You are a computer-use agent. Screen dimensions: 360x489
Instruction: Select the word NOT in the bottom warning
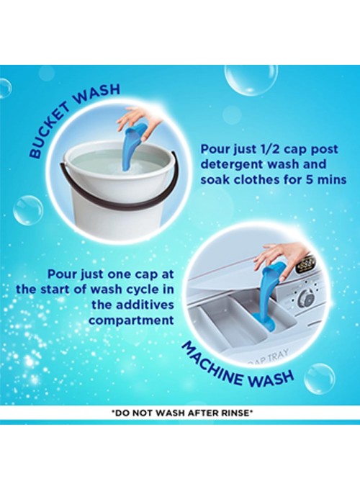(x=142, y=413)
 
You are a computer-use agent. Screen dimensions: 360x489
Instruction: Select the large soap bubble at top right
(x=250, y=82)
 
